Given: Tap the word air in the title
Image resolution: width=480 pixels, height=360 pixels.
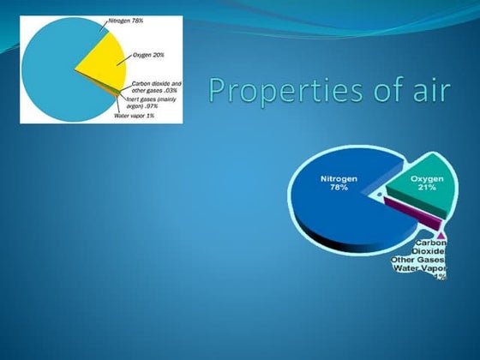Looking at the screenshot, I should [x=428, y=88].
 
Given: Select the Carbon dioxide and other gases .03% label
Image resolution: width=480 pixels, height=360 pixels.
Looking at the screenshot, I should [x=156, y=87].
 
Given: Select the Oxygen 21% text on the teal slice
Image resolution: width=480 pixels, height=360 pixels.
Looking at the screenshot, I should [x=417, y=183].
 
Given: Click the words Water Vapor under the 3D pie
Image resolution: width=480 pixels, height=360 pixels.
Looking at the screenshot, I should [x=420, y=267].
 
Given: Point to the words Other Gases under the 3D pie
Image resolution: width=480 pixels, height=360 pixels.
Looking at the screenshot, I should [x=418, y=259].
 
